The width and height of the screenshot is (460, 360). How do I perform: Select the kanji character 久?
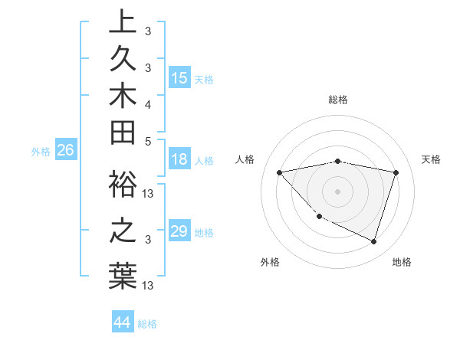point(123,59)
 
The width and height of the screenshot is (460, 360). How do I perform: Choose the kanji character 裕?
point(123,184)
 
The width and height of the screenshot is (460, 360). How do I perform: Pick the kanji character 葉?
point(123,276)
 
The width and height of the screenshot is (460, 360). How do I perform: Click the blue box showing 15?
point(179,78)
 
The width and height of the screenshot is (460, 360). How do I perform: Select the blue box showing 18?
point(179,160)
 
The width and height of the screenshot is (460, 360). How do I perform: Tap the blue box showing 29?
point(179,231)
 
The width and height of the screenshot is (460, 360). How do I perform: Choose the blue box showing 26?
point(66,151)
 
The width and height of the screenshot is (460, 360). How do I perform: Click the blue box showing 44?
point(122,322)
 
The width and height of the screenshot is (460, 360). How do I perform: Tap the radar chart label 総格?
point(337,100)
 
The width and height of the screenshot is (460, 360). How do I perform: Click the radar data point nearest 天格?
point(396,172)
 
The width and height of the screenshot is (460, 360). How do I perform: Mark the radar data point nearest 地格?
point(373,241)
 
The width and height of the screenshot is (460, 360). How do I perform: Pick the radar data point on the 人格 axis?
point(279,172)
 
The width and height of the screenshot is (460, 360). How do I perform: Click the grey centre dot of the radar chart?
point(337,191)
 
